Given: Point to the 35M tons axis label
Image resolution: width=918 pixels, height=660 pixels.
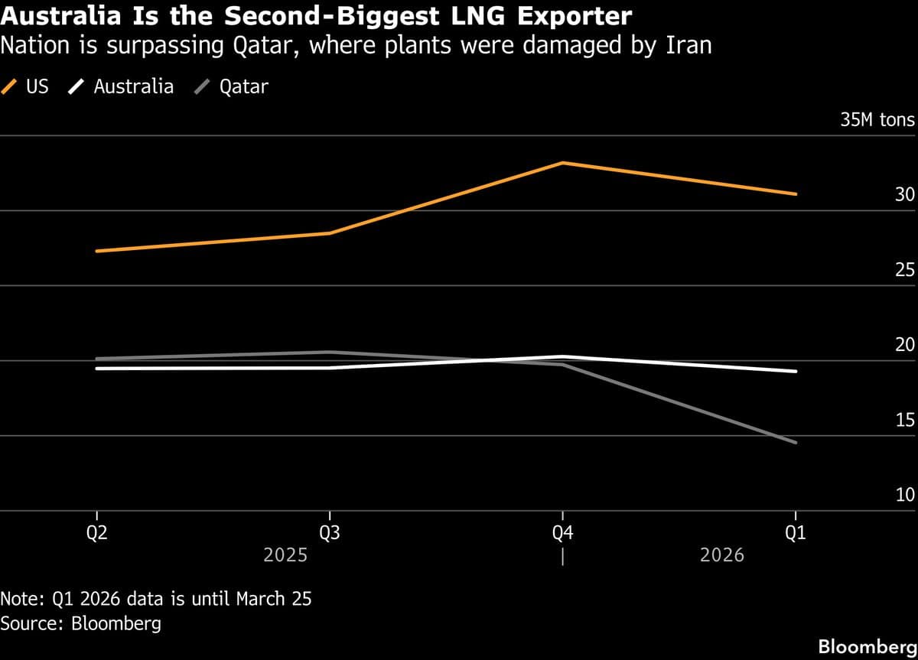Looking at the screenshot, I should pyautogui.click(x=877, y=120).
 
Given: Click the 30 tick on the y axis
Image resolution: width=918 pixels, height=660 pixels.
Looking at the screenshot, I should pyautogui.click(x=904, y=195).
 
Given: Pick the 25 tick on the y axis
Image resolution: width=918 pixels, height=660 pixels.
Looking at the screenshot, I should pyautogui.click(x=904, y=270).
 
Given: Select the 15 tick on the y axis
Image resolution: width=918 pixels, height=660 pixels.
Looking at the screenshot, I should pyautogui.click(x=904, y=420).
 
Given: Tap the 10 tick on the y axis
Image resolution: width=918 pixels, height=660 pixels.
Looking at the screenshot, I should pyautogui.click(x=904, y=495).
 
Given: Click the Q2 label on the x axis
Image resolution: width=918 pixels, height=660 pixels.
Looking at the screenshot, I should pyautogui.click(x=96, y=534).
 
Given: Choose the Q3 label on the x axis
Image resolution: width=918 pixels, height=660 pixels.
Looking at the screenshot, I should pyautogui.click(x=330, y=534).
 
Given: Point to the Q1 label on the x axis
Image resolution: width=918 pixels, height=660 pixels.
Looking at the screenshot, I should pyautogui.click(x=796, y=534).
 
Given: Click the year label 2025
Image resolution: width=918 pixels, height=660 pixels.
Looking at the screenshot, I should pyautogui.click(x=285, y=555).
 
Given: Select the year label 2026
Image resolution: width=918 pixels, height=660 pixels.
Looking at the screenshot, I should pyautogui.click(x=721, y=555).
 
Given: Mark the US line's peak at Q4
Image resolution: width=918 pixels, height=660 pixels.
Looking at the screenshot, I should pyautogui.click(x=563, y=163).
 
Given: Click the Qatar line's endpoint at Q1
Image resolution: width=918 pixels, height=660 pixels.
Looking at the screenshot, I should pyautogui.click(x=796, y=442).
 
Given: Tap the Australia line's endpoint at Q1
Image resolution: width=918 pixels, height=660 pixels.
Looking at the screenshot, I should pyautogui.click(x=796, y=372).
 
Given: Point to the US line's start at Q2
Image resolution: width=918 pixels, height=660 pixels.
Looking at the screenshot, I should pyautogui.click(x=97, y=251).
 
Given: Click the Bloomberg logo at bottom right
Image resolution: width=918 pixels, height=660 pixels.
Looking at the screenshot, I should pyautogui.click(x=867, y=646).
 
